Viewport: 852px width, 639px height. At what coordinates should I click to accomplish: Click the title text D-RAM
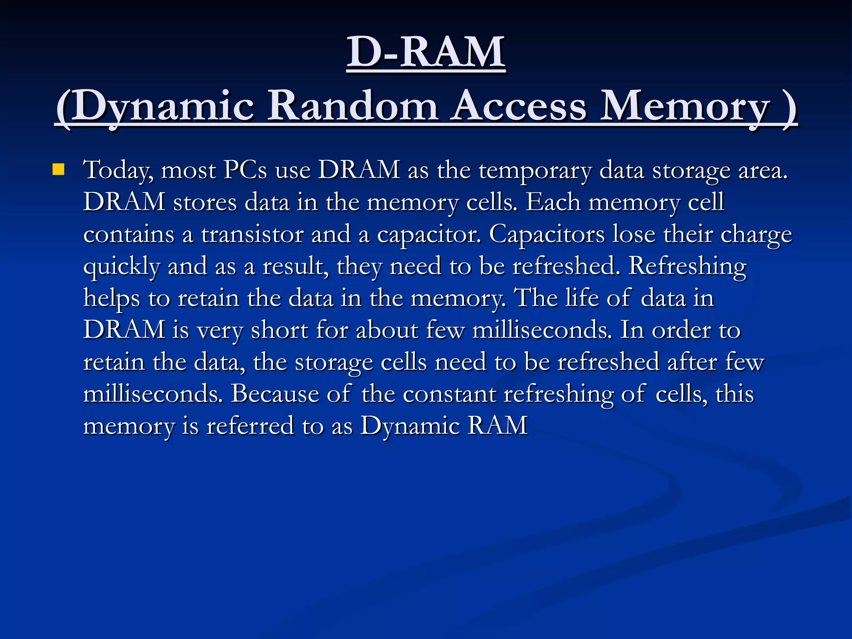[x=426, y=52]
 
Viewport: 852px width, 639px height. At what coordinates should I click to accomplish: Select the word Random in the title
[x=353, y=106]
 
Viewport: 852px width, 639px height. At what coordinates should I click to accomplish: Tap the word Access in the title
[x=520, y=106]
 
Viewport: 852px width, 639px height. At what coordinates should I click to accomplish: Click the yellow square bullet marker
[x=59, y=170]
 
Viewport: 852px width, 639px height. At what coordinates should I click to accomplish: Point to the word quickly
[x=121, y=267]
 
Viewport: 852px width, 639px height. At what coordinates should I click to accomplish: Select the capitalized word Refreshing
[x=687, y=267]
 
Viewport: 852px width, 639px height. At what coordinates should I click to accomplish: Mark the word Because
[x=275, y=394]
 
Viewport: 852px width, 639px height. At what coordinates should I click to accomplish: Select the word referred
[x=250, y=426]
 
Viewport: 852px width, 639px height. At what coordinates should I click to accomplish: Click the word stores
[x=205, y=203]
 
